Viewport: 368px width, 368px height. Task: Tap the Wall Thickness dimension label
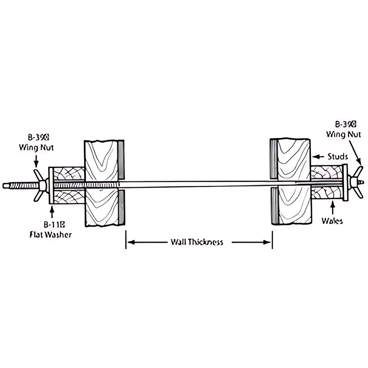click(197, 242)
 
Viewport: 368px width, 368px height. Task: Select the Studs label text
click(337, 157)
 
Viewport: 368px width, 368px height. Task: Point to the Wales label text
click(332, 220)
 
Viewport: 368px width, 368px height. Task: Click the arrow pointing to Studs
click(318, 157)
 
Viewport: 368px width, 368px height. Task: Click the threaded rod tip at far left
click(6, 186)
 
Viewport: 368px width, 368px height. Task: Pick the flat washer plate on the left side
click(51, 185)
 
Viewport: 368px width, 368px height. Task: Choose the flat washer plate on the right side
click(345, 182)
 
